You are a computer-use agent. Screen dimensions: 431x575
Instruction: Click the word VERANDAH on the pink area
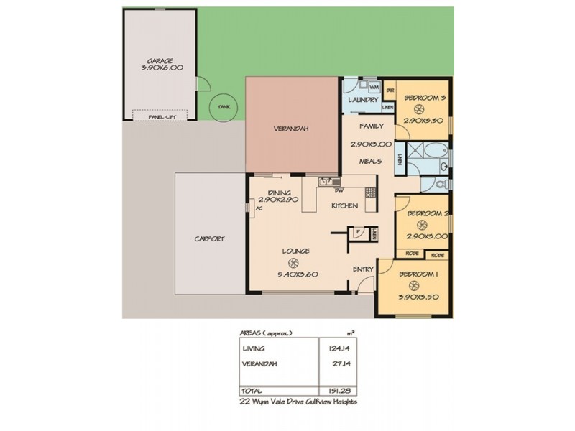click(x=291, y=129)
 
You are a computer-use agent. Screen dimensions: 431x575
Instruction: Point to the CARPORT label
click(x=211, y=240)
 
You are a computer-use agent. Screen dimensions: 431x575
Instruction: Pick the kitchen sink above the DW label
click(x=325, y=182)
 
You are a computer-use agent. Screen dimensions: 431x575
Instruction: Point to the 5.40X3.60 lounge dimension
click(x=297, y=274)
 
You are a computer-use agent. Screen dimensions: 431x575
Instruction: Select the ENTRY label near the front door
click(x=362, y=269)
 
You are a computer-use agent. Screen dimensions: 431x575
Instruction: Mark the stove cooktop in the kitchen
click(x=370, y=192)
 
